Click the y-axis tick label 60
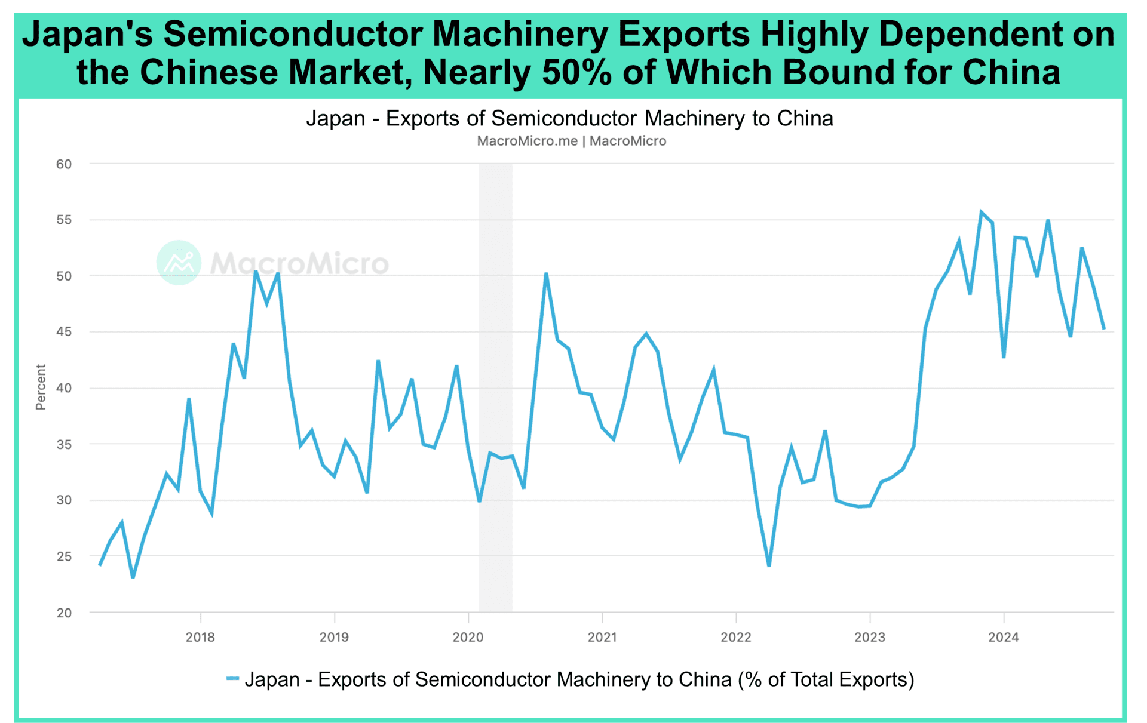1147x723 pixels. (64, 164)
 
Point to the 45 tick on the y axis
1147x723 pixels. (64, 332)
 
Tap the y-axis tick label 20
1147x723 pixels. (64, 613)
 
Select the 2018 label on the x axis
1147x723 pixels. (200, 637)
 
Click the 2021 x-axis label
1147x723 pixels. (602, 637)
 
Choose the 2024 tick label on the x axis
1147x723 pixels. (1004, 637)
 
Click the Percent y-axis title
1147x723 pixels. (41, 387)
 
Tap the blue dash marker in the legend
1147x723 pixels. (232, 679)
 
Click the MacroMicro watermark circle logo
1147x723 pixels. (179, 263)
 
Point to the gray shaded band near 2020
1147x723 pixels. (495, 388)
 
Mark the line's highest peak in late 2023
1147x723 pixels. (981, 212)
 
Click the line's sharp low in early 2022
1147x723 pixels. (769, 565)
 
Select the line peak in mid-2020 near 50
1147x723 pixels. (546, 274)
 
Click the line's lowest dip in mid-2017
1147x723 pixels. (133, 577)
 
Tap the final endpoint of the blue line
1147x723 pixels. (1104, 328)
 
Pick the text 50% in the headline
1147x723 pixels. (577, 72)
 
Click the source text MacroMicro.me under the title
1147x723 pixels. (527, 141)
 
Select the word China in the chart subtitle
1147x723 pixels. (805, 118)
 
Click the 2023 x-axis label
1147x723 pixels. (870, 637)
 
